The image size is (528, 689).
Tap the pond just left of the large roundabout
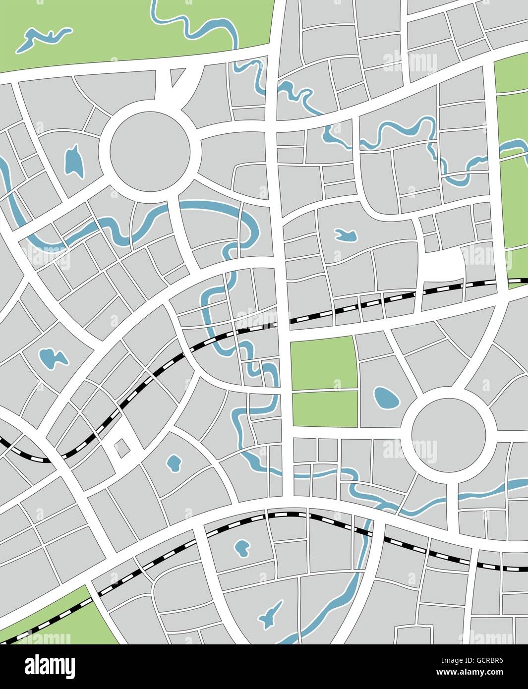click(74, 160)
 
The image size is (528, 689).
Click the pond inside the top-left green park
click(42, 39)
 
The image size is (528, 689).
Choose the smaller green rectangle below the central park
click(325, 409)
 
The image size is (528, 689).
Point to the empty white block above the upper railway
click(443, 267)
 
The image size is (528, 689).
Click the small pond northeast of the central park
click(346, 234)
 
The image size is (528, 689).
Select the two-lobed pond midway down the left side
click(52, 358)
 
